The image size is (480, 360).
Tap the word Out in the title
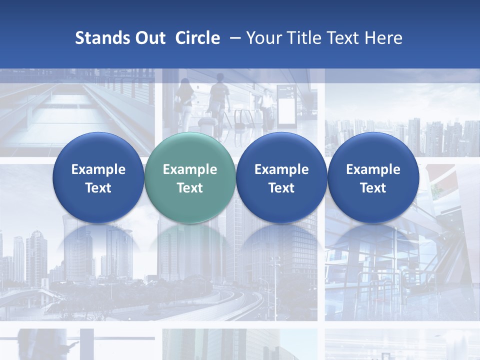pyautogui.click(x=149, y=38)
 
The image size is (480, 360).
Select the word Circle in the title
pyautogui.click(x=197, y=38)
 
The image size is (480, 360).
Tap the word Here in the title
pyautogui.click(x=383, y=38)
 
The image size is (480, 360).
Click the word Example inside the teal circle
pyautogui.click(x=190, y=169)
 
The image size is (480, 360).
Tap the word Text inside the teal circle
pyautogui.click(x=190, y=188)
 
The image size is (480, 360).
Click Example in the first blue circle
pyautogui.click(x=98, y=169)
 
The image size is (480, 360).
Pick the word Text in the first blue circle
pyautogui.click(x=98, y=188)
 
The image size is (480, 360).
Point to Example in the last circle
pyautogui.click(x=373, y=169)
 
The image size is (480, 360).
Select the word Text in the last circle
pyautogui.click(x=373, y=188)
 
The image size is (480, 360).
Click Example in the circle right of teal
pyautogui.click(x=281, y=169)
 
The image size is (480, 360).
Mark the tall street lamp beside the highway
pyautogui.click(x=274, y=285)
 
